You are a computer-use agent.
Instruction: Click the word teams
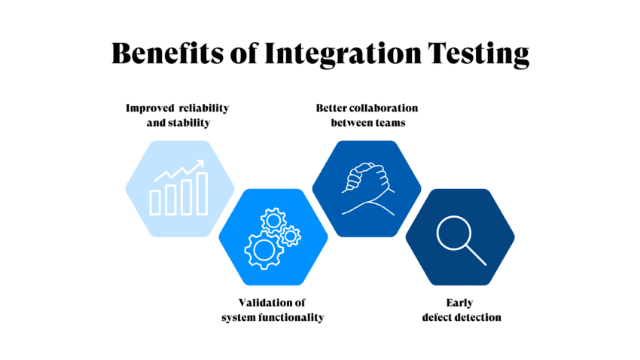point(389,122)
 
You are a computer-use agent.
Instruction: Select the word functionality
point(290,317)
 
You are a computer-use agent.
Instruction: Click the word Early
point(460,303)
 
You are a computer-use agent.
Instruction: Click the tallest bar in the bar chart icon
point(202,193)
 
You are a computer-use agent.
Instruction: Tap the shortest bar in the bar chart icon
point(155,202)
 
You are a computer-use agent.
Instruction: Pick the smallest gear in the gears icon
point(290,236)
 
